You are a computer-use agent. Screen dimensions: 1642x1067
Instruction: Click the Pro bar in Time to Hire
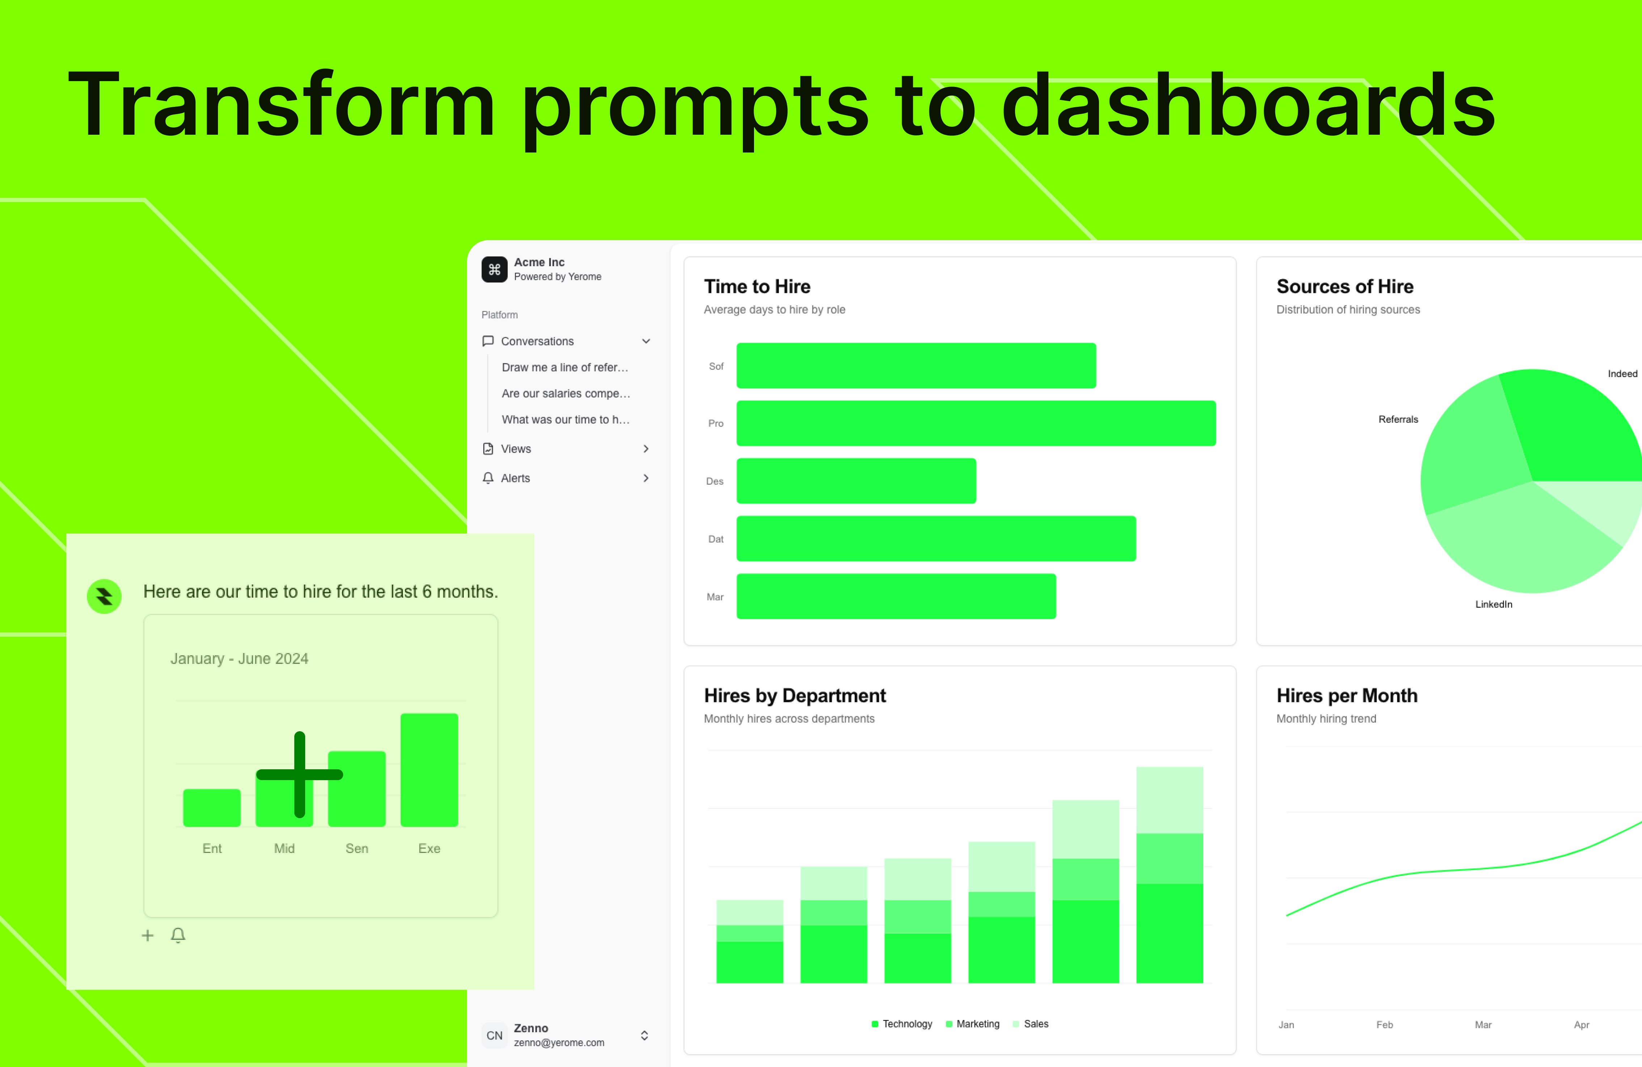976,423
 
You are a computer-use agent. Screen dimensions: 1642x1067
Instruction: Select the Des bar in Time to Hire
856,481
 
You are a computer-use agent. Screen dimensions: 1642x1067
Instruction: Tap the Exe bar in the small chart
429,770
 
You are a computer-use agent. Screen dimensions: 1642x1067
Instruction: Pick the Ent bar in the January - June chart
212,808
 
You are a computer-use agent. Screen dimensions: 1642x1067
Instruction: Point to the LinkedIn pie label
1494,604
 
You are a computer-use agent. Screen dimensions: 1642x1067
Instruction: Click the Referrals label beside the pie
1398,419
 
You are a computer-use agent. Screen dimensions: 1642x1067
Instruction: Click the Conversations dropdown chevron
646,341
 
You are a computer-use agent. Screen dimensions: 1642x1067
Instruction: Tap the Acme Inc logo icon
494,269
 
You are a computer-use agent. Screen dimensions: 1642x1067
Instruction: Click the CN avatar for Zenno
494,1035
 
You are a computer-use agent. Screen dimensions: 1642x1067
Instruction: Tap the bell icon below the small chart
178,935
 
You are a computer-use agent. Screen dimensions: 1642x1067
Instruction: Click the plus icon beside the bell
148,935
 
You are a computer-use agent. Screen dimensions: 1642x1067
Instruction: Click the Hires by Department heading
795,696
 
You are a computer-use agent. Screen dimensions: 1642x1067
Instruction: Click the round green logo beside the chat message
104,596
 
